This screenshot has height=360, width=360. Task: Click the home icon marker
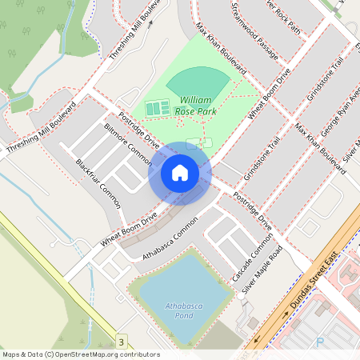tap(180, 173)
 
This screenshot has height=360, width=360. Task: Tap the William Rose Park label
tap(194, 106)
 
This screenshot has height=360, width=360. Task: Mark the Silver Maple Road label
tap(263, 272)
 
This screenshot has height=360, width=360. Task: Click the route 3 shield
tap(121, 342)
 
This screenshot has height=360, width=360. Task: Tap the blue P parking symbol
tap(321, 342)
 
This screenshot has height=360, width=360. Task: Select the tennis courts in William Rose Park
tap(157, 107)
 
